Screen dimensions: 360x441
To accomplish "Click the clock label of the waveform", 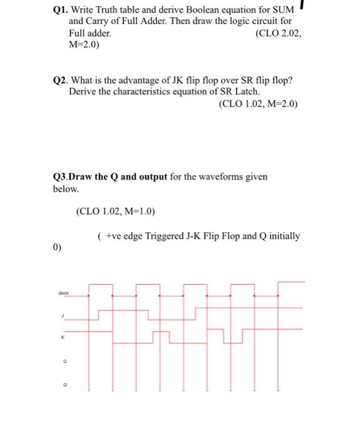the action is pyautogui.click(x=62, y=293).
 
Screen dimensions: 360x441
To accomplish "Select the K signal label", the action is pyautogui.click(x=62, y=338).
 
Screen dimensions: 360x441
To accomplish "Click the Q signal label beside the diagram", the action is pyautogui.click(x=62, y=362).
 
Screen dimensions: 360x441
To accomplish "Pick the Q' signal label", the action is pyautogui.click(x=62, y=382).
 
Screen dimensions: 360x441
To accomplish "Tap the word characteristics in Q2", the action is pyautogui.click(x=138, y=92).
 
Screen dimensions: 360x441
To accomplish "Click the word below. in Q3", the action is pyautogui.click(x=65, y=188).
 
